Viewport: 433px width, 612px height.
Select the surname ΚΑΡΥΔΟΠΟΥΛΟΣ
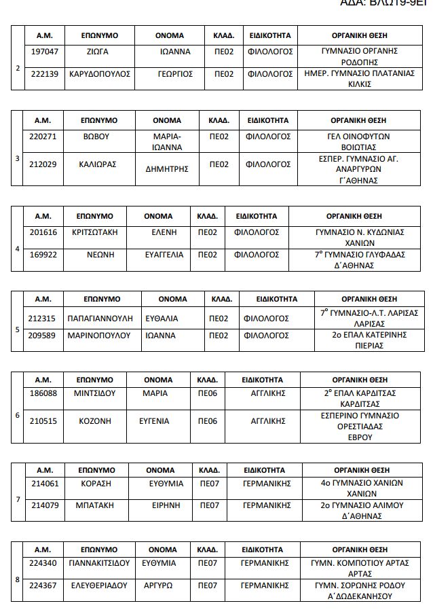coord(100,73)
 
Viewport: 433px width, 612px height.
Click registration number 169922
coord(43,255)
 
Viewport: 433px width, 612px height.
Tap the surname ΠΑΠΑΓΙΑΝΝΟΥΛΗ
coord(101,318)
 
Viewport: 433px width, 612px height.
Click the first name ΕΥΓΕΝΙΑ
coord(154,420)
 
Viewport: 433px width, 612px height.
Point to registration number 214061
coord(45,484)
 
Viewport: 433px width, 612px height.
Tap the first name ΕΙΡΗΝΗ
coord(166,505)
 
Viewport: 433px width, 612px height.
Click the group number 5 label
coord(18,330)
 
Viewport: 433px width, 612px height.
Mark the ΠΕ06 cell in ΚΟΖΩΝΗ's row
coord(207,420)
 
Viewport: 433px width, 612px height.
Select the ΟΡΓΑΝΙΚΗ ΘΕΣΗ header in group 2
coord(359,33)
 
